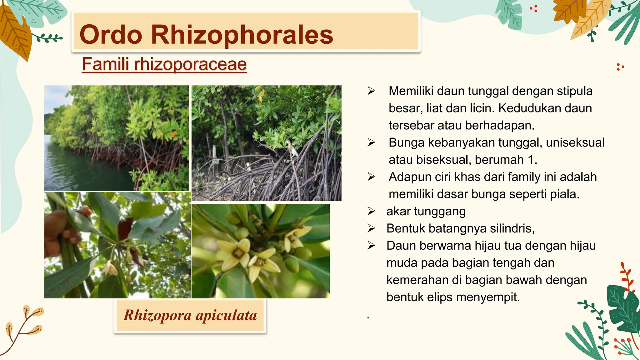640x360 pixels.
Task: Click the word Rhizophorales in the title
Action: (x=242, y=34)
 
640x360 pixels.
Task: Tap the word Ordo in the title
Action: (x=111, y=34)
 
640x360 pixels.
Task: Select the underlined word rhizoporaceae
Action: (x=191, y=64)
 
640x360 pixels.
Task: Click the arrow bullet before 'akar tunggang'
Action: (x=371, y=211)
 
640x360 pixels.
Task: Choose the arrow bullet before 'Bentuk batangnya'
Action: (x=371, y=228)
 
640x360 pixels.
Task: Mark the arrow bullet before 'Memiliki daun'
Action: (x=371, y=91)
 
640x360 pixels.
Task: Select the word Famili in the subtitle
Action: (x=105, y=64)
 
